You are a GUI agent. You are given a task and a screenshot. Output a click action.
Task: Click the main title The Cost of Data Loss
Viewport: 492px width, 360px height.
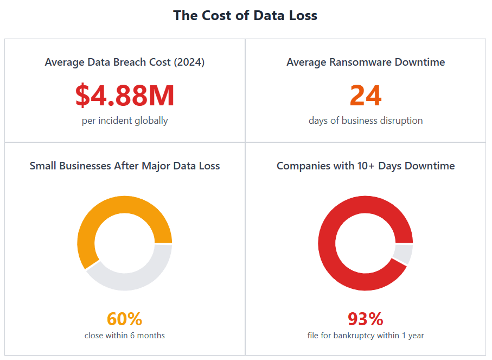coord(245,16)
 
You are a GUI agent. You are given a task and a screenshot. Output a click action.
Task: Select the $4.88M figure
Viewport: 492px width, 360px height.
coord(125,95)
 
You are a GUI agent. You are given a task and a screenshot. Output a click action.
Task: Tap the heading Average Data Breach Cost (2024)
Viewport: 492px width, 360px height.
coord(125,62)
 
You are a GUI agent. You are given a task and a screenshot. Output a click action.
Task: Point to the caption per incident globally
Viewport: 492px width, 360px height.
coord(125,121)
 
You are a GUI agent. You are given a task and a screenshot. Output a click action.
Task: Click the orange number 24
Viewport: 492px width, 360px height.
coord(366,95)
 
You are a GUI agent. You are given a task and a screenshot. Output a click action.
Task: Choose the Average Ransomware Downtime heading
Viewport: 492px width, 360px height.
coord(366,62)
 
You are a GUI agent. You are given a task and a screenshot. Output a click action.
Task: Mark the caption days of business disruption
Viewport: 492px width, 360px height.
coord(366,121)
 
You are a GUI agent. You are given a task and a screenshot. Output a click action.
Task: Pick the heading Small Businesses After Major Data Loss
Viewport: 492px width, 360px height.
coord(125,166)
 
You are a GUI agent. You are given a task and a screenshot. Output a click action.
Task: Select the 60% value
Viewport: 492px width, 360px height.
coord(125,319)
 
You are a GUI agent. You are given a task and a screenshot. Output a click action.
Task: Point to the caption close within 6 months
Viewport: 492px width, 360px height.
coord(125,336)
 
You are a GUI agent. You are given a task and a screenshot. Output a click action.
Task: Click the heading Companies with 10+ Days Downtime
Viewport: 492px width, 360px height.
coord(366,166)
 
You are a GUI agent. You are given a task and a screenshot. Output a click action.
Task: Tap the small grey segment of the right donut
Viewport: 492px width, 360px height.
coord(404,254)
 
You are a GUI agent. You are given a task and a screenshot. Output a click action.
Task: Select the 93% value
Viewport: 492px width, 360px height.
coord(366,319)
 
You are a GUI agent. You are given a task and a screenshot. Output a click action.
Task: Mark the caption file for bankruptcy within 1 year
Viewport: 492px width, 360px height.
coord(366,336)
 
